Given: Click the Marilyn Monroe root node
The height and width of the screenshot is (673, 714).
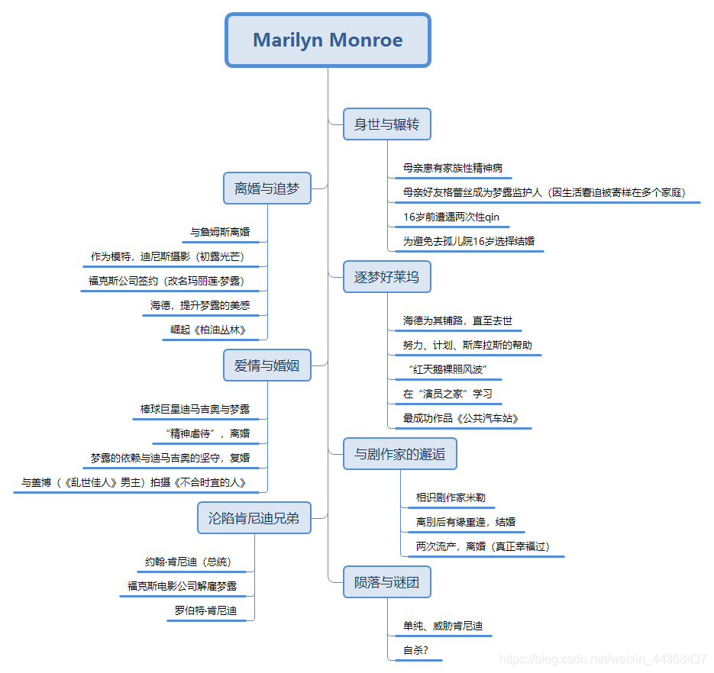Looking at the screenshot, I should (328, 40).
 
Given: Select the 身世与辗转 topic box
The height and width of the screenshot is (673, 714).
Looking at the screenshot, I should (386, 124).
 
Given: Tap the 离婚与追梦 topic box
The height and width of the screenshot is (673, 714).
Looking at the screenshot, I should (267, 188).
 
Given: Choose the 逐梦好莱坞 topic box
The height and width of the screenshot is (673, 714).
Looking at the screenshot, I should (386, 277).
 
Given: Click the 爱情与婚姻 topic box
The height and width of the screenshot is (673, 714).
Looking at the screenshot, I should (267, 365).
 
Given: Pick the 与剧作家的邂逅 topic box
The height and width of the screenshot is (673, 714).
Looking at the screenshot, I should (399, 454).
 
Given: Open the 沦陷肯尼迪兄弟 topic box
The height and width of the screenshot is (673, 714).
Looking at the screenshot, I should (254, 518).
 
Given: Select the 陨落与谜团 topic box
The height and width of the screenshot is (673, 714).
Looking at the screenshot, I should (386, 583).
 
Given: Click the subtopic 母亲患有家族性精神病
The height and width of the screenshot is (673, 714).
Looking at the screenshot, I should (453, 168).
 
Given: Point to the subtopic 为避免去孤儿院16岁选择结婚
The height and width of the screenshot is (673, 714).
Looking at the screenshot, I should (469, 241).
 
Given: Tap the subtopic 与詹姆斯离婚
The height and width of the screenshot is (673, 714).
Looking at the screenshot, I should (220, 232).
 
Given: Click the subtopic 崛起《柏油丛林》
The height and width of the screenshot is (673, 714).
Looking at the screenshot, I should (208, 330).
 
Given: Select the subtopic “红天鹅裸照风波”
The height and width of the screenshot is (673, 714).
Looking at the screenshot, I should (447, 370).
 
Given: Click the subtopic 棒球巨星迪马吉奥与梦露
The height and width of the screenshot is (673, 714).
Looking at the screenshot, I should (195, 410).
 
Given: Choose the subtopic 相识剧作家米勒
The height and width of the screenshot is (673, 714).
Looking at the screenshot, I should (451, 498).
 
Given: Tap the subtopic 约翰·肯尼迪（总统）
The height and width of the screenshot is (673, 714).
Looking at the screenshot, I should (188, 562).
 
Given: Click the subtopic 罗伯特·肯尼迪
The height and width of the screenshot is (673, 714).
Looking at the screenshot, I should (205, 610).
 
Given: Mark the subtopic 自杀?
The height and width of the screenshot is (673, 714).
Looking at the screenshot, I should (415, 651).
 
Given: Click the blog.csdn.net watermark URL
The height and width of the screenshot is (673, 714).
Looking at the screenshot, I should (603, 659).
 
